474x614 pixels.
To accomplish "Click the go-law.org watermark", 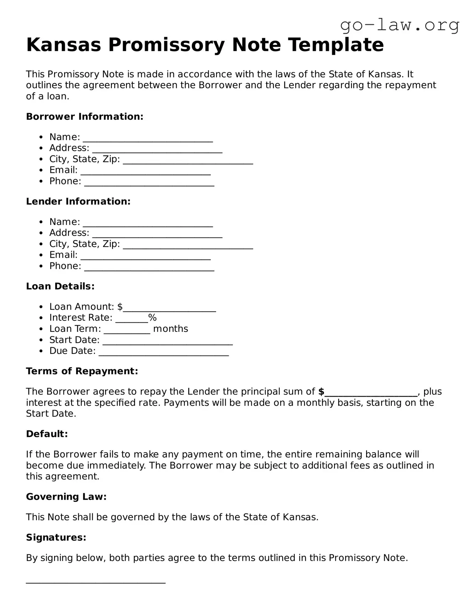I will (399, 25).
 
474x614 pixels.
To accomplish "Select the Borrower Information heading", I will (85, 117).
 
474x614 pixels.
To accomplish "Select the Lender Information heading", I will (78, 201).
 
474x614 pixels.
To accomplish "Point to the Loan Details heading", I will (60, 286).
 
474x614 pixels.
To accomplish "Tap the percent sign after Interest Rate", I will (152, 318).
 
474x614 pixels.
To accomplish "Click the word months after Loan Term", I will (170, 329).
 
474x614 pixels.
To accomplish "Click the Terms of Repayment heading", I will (82, 371).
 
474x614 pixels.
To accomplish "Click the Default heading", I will (47, 434).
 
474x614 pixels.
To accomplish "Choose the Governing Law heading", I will (66, 496).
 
